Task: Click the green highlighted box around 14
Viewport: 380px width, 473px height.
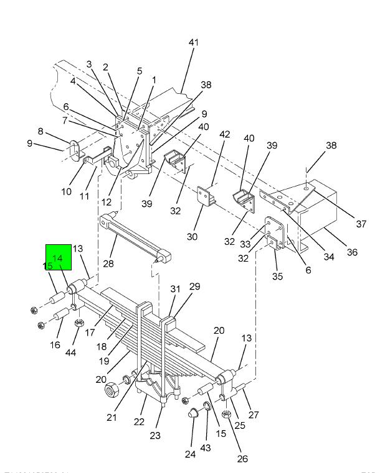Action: point(59,257)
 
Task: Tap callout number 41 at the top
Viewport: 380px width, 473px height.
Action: point(194,42)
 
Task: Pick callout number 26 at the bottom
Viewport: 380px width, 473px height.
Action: point(242,459)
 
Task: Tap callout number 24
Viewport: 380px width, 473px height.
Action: point(190,454)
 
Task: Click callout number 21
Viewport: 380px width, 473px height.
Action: point(112,417)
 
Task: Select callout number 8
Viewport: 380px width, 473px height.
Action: point(41,132)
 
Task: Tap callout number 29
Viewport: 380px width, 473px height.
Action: point(194,287)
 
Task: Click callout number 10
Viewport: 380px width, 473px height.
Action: point(67,191)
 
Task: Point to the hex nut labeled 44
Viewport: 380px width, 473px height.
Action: point(79,323)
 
